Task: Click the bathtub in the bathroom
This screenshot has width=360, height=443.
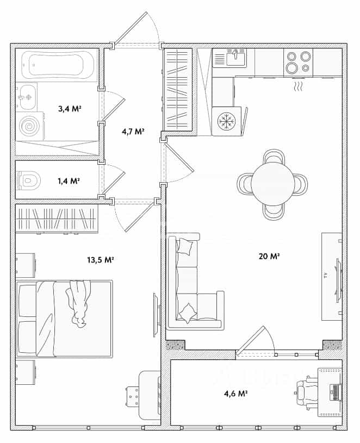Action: pos(58,65)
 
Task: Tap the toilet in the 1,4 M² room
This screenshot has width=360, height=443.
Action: pos(28,180)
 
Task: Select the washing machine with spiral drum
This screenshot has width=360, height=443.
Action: pos(30,126)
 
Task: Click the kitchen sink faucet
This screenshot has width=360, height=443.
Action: pos(235,54)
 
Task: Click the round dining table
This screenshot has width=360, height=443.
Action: pos(272,184)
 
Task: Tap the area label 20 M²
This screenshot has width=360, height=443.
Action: pos(269,257)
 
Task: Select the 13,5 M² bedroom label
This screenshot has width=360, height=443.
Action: pos(100,260)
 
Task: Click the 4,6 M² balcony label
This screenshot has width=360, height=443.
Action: pos(236,394)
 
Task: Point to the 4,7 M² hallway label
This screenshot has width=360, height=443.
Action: pos(133,132)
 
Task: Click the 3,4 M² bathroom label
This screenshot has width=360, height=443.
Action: pos(70,109)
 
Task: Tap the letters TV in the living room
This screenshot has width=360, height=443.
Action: pos(326,276)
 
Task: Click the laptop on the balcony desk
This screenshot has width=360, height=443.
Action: pos(336,392)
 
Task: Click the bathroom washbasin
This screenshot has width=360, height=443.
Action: pos(27,97)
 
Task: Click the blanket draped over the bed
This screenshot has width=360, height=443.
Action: pos(78,304)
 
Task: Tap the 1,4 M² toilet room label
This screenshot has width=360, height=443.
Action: pos(69,181)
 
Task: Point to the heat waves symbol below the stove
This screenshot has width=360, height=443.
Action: pos(299,86)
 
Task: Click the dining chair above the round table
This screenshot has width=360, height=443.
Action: pos(274,156)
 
